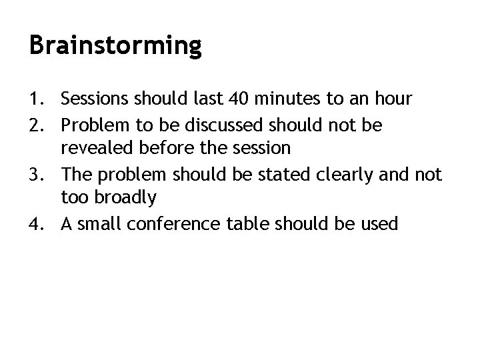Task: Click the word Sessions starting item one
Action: [x=95, y=99]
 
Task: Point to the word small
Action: [x=99, y=224]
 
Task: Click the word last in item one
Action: [x=206, y=99]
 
